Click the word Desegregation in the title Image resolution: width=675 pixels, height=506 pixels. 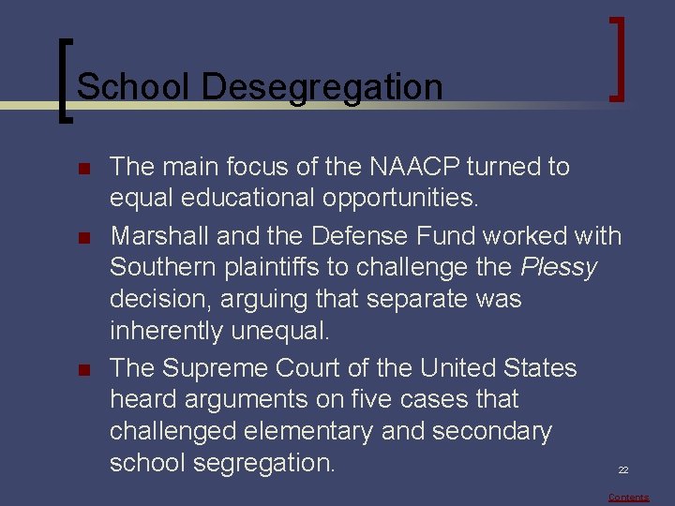coord(322,87)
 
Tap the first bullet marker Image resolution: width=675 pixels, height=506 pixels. coord(82,169)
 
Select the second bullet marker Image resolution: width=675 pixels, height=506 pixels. coord(82,235)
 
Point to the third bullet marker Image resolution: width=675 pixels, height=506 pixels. coord(82,369)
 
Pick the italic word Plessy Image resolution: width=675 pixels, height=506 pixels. coord(559,267)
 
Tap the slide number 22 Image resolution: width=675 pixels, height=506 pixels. coord(623,470)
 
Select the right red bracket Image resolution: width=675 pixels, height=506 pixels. coord(617,58)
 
